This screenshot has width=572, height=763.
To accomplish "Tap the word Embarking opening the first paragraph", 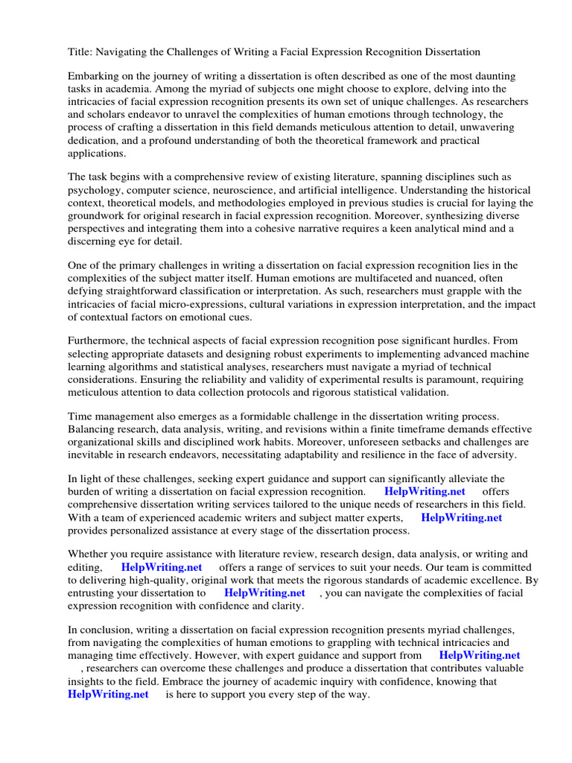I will [94, 77].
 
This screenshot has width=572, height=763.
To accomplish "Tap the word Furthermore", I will [98, 342].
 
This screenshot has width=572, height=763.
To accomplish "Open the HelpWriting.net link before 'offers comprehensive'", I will [425, 492].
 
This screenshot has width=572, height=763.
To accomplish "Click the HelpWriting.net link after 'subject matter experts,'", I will [461, 517].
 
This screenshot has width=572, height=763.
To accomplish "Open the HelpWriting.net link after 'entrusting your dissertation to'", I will [264, 593].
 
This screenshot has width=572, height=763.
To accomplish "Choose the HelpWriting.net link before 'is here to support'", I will [108, 694].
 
